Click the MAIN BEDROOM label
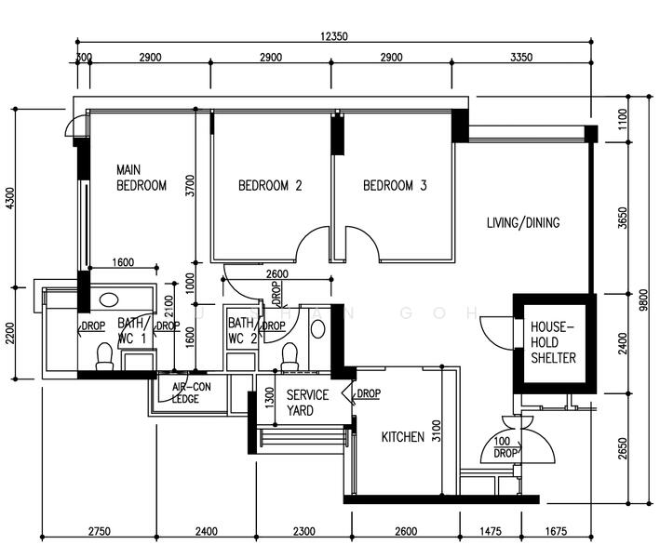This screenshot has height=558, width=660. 141,178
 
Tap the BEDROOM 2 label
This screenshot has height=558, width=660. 270,186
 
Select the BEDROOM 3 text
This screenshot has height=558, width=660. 394,186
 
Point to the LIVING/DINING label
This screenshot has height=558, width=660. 523,223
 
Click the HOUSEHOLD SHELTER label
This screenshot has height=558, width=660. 553,343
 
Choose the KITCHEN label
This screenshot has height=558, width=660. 403,437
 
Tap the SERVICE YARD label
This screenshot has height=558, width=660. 306,403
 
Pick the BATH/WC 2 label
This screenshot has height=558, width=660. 242,331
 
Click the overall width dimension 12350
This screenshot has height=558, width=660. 333,36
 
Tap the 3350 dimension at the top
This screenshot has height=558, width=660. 521,58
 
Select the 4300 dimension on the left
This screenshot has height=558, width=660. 11,198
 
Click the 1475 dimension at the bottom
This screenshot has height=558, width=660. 490,531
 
